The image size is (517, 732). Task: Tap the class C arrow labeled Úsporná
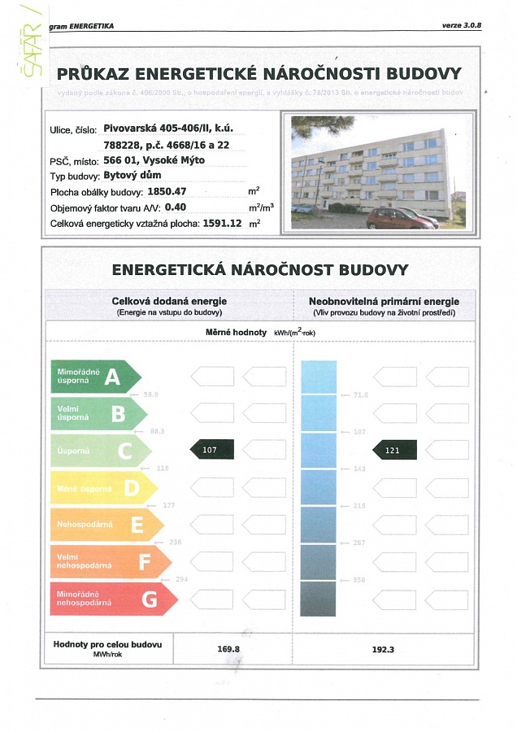(x=100, y=450)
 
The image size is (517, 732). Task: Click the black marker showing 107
(x=211, y=449)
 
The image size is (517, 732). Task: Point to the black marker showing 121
(x=394, y=449)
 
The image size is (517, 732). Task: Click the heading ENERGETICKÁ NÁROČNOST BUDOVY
(x=259, y=269)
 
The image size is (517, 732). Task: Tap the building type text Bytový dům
(x=133, y=176)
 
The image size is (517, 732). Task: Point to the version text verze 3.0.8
(x=462, y=26)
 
